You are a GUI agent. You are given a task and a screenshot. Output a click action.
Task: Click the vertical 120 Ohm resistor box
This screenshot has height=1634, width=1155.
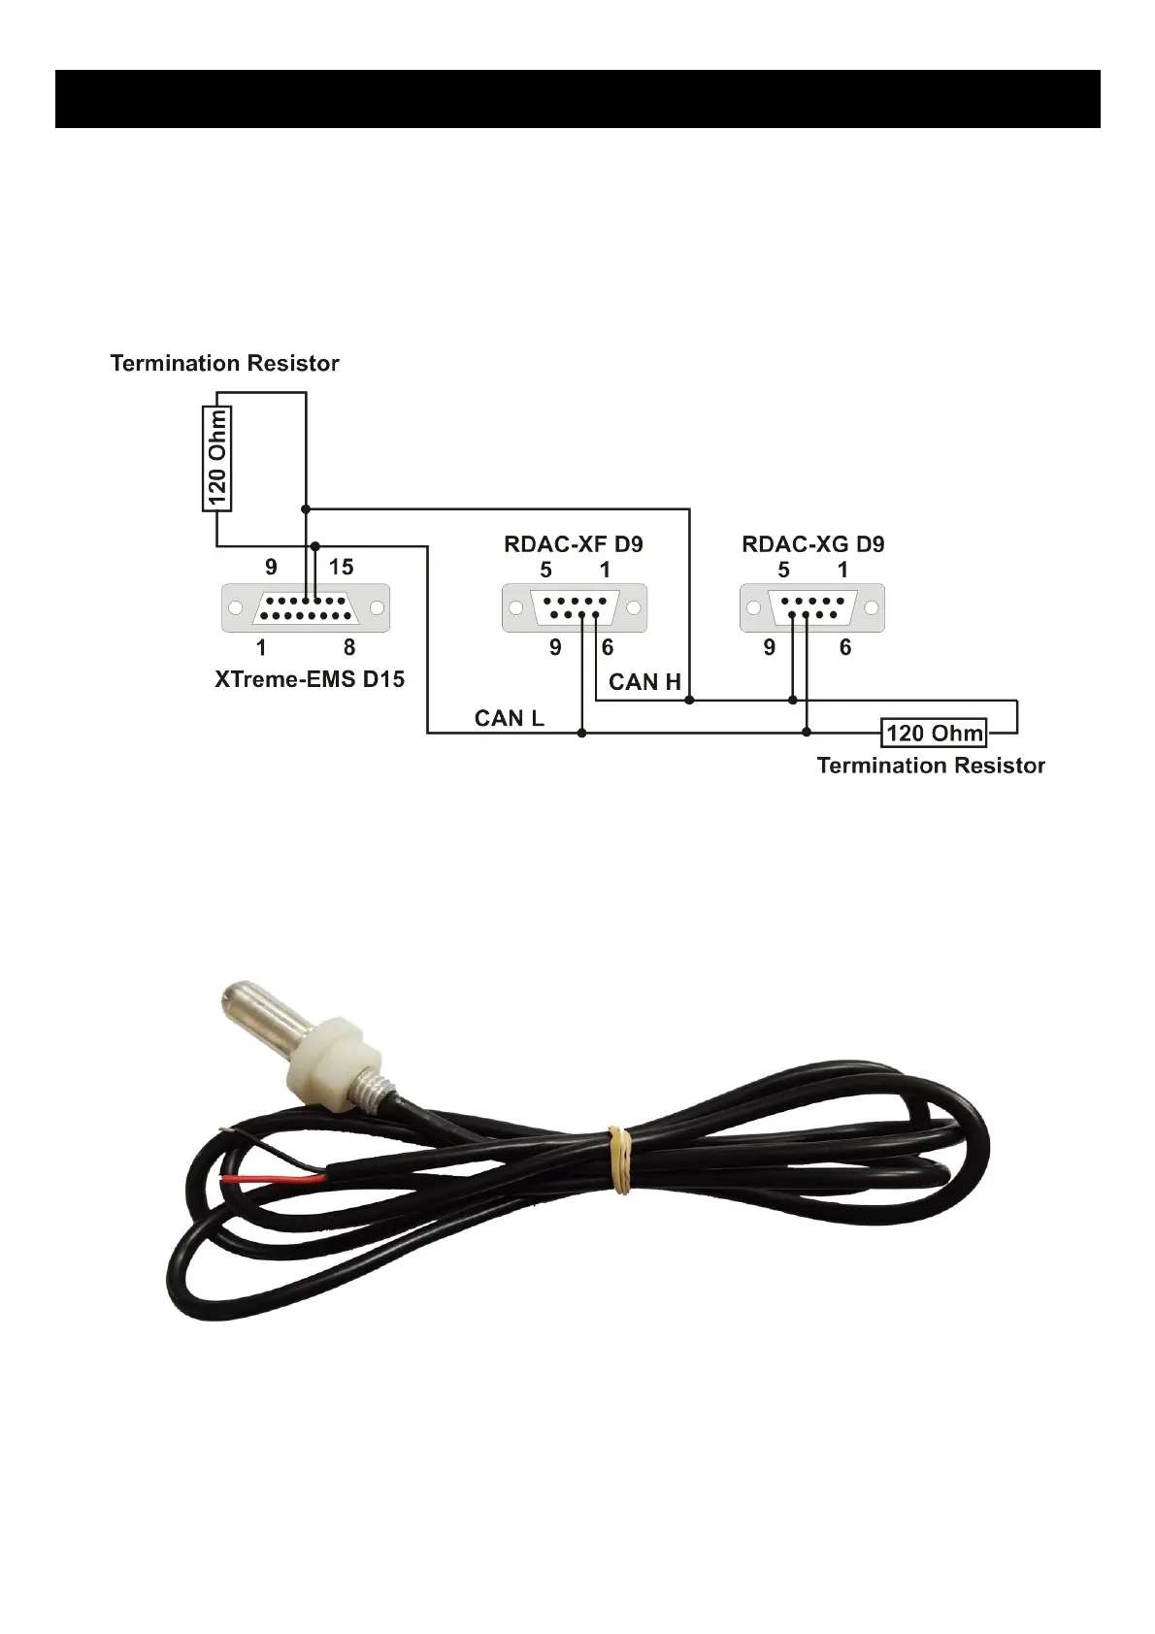pos(216,458)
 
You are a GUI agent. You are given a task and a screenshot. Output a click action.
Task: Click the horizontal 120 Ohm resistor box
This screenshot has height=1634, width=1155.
pos(934,733)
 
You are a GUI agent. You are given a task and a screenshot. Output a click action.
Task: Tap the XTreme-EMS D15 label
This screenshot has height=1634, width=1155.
pos(309,679)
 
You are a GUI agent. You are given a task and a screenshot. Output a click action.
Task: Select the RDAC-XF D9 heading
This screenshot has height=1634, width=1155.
pos(573,544)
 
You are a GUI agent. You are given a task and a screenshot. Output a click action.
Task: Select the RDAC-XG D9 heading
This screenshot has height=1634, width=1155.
pos(812,544)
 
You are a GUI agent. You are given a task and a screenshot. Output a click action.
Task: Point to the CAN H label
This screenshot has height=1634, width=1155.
pos(644,682)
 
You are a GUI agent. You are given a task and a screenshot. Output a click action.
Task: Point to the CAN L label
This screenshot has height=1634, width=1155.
pos(509,718)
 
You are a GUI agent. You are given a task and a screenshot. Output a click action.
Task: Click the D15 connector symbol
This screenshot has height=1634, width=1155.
pos(306,608)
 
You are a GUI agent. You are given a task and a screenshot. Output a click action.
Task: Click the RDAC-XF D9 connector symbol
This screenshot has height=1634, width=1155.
pos(574,608)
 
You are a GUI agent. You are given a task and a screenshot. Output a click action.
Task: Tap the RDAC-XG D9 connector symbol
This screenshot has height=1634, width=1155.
pos(811,608)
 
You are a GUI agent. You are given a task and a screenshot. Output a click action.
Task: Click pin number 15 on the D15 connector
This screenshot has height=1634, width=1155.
pos(342,567)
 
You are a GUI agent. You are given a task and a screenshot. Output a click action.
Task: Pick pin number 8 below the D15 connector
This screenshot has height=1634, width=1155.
pos(349,647)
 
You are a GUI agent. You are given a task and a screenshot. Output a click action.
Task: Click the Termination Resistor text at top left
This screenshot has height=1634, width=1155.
pos(224,363)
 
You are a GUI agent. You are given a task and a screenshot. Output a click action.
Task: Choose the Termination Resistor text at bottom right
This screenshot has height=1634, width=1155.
pos(931,766)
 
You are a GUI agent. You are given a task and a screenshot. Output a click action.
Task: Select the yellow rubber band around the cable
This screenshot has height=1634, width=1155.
pos(619,1160)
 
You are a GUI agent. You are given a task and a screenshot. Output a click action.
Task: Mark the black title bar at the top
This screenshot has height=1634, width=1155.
pos(577,99)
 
